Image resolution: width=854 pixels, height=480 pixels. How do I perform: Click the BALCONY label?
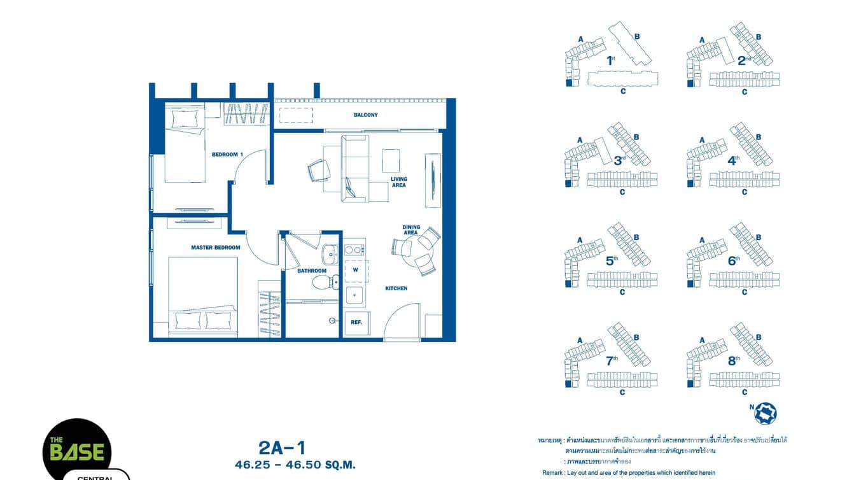[365, 115]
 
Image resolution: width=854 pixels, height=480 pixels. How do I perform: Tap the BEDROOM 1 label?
[227, 155]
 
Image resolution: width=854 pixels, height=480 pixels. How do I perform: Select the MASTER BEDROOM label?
[216, 248]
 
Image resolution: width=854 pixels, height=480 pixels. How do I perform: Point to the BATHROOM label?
[312, 271]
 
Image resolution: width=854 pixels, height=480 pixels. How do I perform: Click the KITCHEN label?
[396, 289]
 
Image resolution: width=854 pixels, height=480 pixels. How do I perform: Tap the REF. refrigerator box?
[356, 322]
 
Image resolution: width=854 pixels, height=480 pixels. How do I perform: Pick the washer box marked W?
[356, 270]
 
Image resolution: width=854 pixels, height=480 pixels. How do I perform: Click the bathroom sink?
[330, 255]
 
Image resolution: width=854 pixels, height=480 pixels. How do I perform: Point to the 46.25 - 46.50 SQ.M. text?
[295, 465]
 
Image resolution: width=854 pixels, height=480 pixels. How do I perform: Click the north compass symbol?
[765, 413]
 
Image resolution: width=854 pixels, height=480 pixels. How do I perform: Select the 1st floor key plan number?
[610, 61]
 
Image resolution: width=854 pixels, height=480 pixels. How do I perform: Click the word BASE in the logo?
[78, 452]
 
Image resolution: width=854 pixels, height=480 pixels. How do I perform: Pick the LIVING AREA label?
[399, 182]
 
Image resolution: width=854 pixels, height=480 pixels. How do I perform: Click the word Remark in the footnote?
[552, 473]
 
